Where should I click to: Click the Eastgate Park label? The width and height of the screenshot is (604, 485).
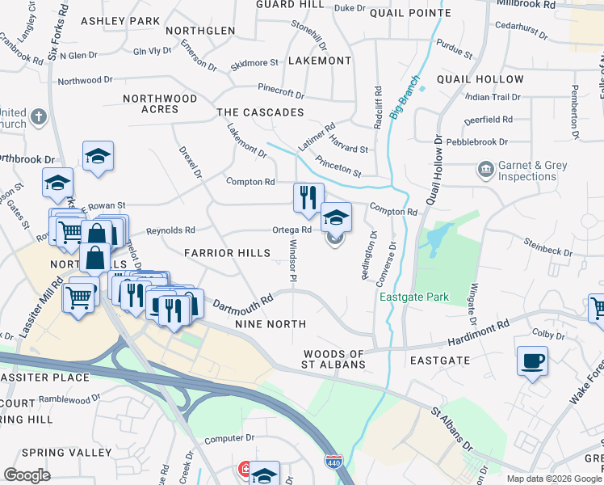pyautogui.click(x=414, y=297)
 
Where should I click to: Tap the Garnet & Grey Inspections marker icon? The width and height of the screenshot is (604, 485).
pyautogui.click(x=486, y=170)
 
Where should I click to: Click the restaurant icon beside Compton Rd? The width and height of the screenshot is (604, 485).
pyautogui.click(x=308, y=199)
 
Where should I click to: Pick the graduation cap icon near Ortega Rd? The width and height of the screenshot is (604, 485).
pyautogui.click(x=336, y=217)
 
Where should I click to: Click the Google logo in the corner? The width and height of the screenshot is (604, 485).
pyautogui.click(x=27, y=475)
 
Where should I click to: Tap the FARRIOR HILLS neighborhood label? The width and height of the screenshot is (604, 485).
pyautogui.click(x=227, y=253)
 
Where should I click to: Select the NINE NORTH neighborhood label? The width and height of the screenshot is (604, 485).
pyautogui.click(x=270, y=324)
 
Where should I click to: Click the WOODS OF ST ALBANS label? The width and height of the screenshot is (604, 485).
pyautogui.click(x=334, y=360)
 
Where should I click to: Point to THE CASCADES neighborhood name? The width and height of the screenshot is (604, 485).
pyautogui.click(x=260, y=112)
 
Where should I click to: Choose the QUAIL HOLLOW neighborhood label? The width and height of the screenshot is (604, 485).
pyautogui.click(x=480, y=79)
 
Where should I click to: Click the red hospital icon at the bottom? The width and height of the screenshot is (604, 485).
pyautogui.click(x=245, y=470)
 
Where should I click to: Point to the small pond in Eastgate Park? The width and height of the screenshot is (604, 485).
pyautogui.click(x=437, y=238)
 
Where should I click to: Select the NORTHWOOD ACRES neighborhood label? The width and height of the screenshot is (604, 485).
pyautogui.click(x=160, y=103)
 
